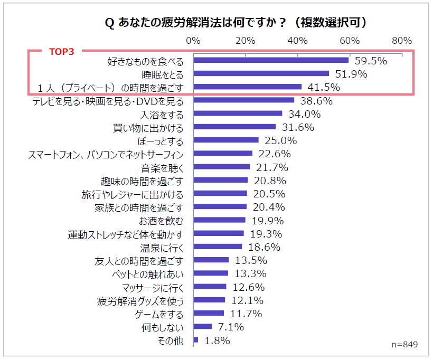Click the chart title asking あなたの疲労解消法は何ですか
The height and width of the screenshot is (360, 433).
236,23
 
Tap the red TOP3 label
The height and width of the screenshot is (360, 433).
61,52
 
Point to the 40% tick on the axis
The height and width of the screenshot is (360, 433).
297,41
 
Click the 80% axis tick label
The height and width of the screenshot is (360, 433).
402,41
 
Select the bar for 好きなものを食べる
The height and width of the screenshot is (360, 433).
271,60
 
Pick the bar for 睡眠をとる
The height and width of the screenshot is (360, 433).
261,74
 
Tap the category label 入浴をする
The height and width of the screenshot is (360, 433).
162,114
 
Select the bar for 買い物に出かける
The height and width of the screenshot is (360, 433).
234,127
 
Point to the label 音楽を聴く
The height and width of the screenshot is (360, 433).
162,167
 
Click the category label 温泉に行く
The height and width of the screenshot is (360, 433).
162,247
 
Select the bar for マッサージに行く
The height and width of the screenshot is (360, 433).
210,287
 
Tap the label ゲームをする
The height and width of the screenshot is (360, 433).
159,314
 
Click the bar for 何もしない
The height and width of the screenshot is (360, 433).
203,327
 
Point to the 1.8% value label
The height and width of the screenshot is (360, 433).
216,341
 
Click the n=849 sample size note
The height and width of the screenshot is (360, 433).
404,344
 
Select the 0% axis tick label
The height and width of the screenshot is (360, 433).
193,41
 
